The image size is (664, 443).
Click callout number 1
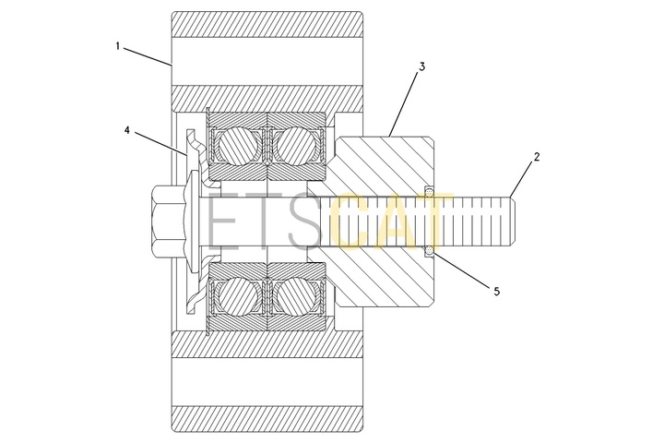(118, 46)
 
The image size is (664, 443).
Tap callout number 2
(537, 157)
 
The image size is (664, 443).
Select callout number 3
(421, 66)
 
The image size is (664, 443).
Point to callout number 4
(126, 130)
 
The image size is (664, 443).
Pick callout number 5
(496, 292)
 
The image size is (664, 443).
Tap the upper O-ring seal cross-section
(430, 191)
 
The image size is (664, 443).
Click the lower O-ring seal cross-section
(430, 251)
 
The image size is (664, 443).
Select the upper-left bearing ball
(238, 146)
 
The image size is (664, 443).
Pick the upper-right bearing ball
(295, 146)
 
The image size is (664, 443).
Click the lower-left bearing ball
(238, 296)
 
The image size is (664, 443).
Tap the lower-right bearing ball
(295, 296)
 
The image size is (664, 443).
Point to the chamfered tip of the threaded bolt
(512, 221)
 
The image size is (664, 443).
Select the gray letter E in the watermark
(223, 221)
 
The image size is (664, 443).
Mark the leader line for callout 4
(160, 144)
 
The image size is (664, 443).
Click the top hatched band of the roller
(267, 25)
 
